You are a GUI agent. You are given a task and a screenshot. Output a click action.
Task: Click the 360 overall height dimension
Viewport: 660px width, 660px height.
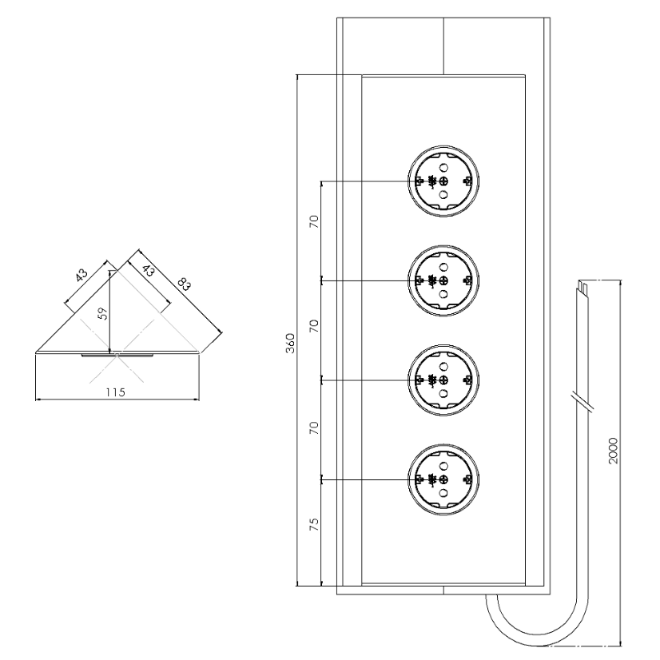tap(290, 343)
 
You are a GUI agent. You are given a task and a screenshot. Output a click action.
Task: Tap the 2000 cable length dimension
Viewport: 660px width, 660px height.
tap(614, 451)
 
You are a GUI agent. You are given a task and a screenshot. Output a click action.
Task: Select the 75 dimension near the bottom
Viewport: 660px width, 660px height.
tap(314, 524)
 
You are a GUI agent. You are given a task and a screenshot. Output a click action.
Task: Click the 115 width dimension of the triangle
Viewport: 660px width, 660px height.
tap(115, 392)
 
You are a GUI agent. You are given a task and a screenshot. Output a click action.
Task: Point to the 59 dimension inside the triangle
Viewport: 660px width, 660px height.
tap(103, 314)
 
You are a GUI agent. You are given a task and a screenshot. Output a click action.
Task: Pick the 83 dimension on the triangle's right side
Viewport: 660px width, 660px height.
tap(185, 284)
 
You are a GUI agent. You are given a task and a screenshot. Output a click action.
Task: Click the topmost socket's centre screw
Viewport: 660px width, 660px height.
tap(443, 181)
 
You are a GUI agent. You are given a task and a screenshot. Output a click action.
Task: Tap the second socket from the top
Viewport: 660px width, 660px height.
tap(443, 280)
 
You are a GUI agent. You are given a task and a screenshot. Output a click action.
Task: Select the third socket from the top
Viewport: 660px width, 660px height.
tap(443, 380)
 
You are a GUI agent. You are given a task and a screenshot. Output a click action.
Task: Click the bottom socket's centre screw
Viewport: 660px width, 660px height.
tap(443, 479)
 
